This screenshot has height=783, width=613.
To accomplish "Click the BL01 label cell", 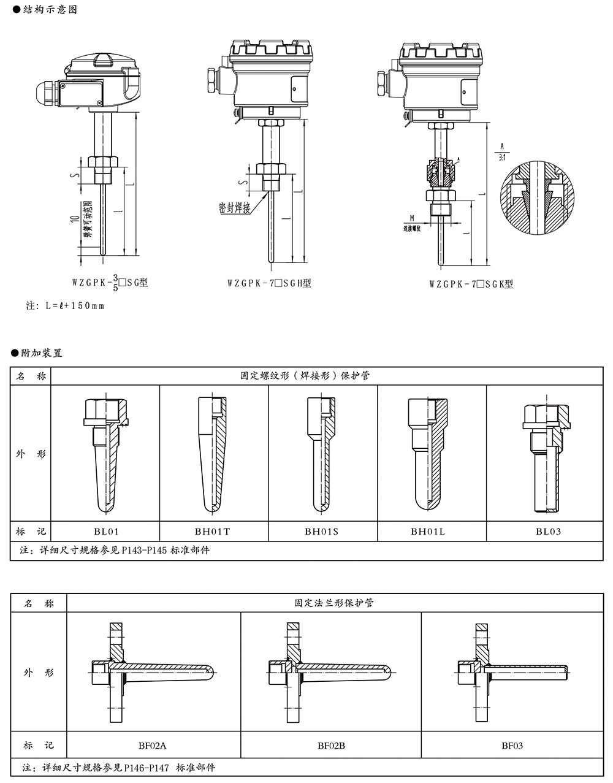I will pos(105,532).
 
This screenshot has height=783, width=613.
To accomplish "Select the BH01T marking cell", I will pos(214,532).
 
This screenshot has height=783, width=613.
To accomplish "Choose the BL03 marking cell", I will pos(548,532).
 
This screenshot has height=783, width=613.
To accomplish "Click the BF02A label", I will pos(153,746).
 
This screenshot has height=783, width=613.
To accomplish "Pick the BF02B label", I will pos(331,746).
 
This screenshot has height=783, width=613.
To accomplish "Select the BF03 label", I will pos(512,746).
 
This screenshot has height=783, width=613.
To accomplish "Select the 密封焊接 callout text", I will pos(234,208).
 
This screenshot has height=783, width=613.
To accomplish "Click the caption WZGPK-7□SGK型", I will pos(471,284).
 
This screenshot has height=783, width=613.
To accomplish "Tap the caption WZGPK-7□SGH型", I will pos(269,283).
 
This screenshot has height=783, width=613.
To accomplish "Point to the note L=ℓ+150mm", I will pos(65,305).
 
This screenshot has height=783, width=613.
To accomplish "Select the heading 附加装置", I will pos(37,353).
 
